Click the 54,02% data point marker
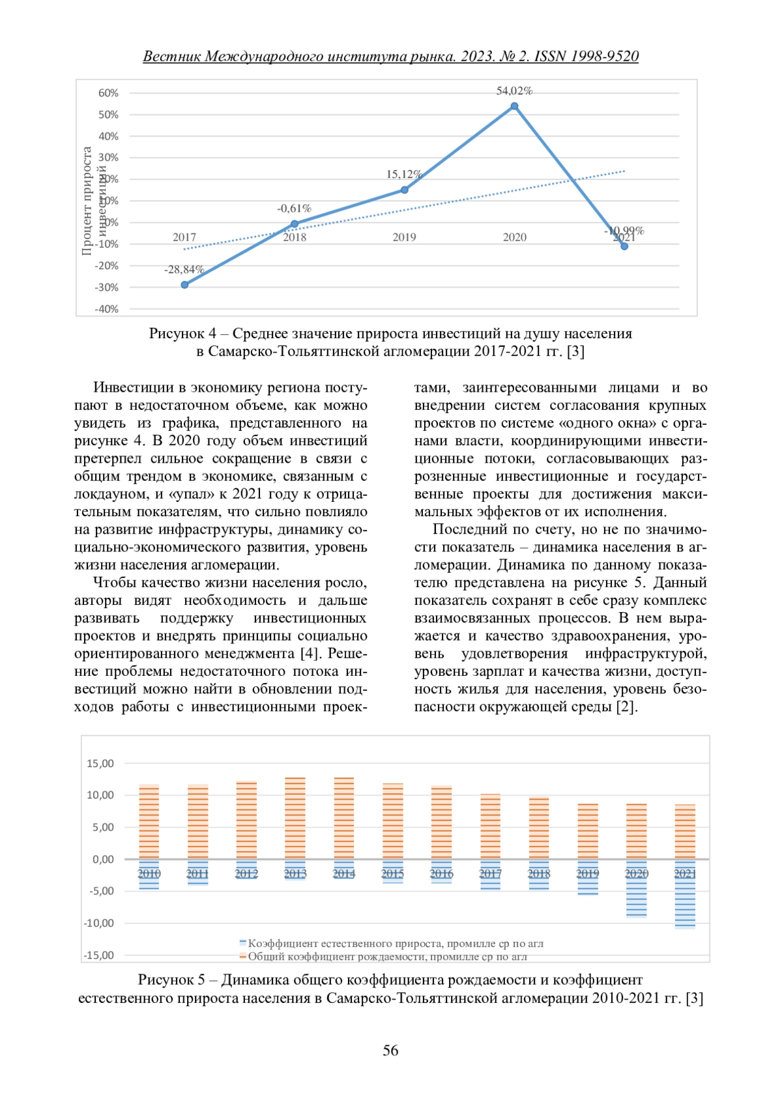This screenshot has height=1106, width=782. click(x=514, y=106)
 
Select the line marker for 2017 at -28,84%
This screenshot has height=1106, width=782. click(x=184, y=285)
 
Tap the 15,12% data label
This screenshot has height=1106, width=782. click(x=404, y=175)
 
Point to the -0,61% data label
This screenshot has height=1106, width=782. click(x=294, y=209)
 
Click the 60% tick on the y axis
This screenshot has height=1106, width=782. click(x=108, y=93)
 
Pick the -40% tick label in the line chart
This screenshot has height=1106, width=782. click(x=107, y=309)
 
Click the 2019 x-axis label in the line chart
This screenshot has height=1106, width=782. click(x=404, y=237)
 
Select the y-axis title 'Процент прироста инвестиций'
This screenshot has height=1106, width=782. click(x=93, y=200)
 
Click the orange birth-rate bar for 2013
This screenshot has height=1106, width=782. click(x=295, y=818)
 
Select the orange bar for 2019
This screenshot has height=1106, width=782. click(x=588, y=831)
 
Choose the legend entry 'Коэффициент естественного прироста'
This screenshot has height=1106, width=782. click(x=395, y=943)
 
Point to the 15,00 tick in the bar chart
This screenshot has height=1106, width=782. click(x=100, y=763)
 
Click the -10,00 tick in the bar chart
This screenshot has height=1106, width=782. click(x=98, y=923)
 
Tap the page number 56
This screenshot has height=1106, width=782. click(x=390, y=1050)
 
